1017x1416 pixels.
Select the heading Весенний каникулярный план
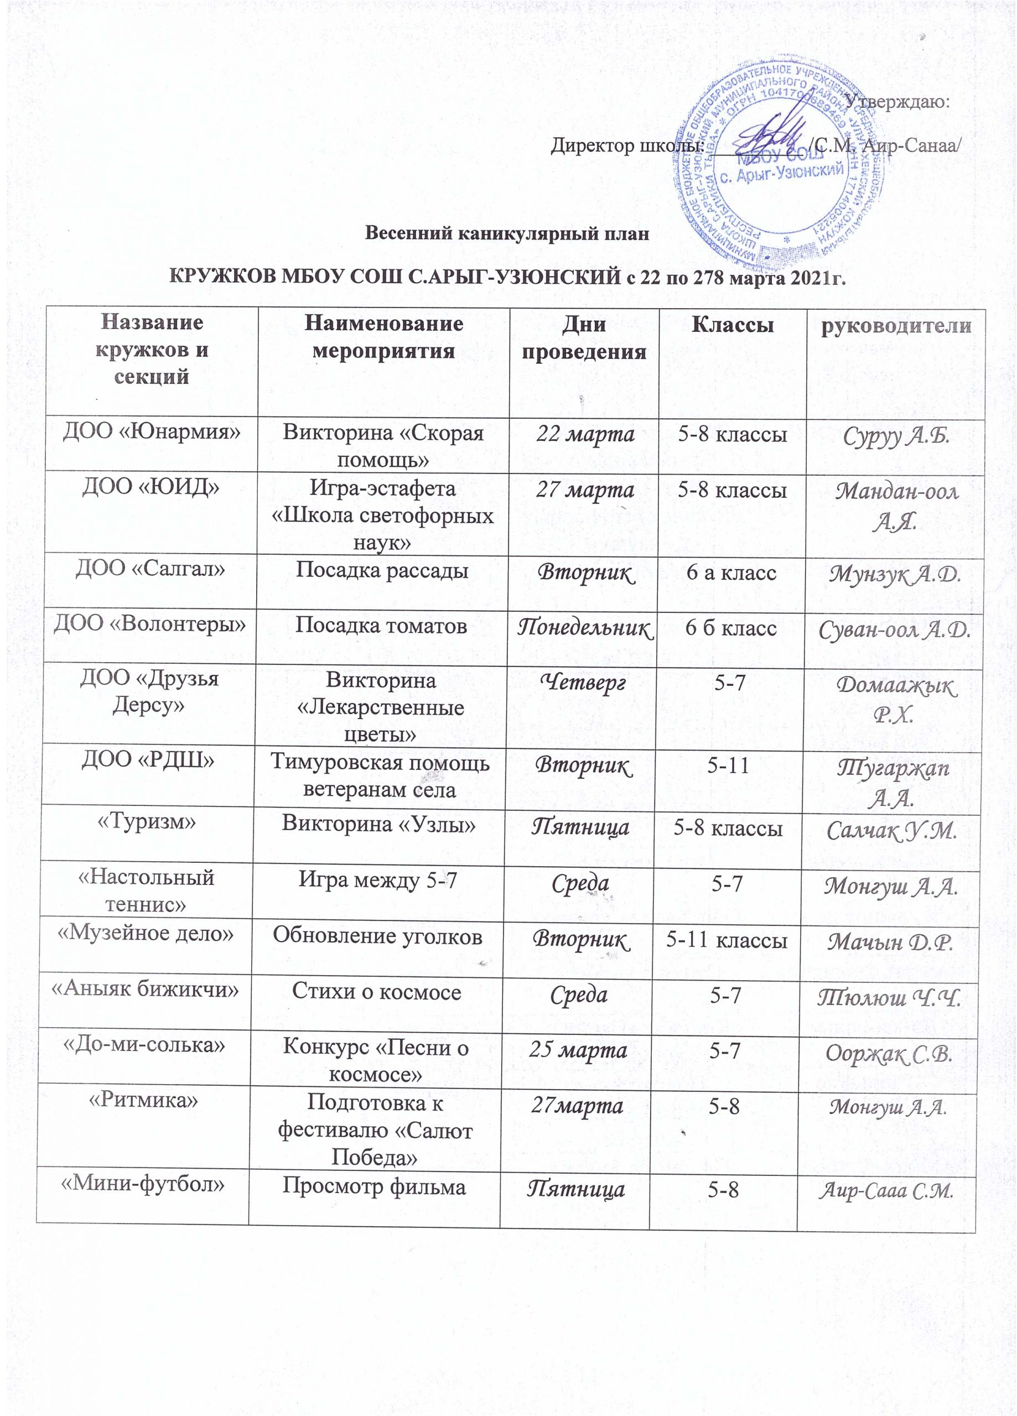(x=507, y=233)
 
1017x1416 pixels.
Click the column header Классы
(x=731, y=325)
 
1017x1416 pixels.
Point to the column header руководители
(x=895, y=325)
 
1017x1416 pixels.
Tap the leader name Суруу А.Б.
(x=896, y=436)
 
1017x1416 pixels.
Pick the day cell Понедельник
(x=585, y=627)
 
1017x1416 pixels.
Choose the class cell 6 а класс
(x=731, y=572)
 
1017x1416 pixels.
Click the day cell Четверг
(x=582, y=682)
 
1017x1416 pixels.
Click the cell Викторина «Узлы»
(x=378, y=823)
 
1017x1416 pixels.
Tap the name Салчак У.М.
(x=891, y=830)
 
